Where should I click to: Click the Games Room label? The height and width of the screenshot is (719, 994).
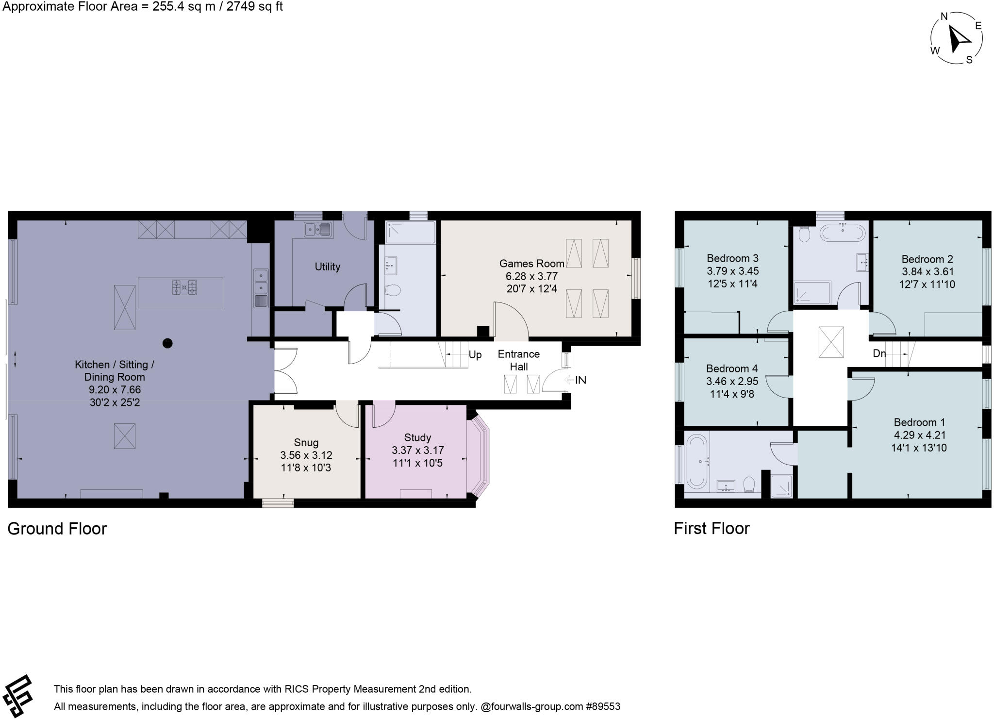point(531,264)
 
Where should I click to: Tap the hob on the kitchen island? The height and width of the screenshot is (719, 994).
point(184,287)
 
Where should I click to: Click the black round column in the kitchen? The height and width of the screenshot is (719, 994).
point(167,343)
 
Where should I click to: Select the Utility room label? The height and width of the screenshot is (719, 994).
point(327,267)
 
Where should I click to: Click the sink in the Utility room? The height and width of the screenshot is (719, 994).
point(318,229)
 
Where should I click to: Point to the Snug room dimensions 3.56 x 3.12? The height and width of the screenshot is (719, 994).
point(306,455)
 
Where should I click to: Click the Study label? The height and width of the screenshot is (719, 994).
point(417,437)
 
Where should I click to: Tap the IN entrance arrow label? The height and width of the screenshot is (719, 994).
point(580,380)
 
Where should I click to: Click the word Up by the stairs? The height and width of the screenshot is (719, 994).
point(475,355)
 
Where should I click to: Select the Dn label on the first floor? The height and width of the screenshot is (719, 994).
point(879,353)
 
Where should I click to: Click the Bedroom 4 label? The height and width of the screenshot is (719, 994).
point(731,368)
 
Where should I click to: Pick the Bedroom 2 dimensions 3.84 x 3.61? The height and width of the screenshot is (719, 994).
point(928,272)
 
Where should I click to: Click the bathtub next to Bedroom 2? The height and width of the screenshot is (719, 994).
point(842,233)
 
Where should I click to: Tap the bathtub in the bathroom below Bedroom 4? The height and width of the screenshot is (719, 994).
point(697,461)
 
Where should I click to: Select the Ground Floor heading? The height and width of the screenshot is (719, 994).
point(57,529)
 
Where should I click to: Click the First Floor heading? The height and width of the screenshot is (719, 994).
point(712,528)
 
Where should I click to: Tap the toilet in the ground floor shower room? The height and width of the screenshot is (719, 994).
point(392,290)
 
